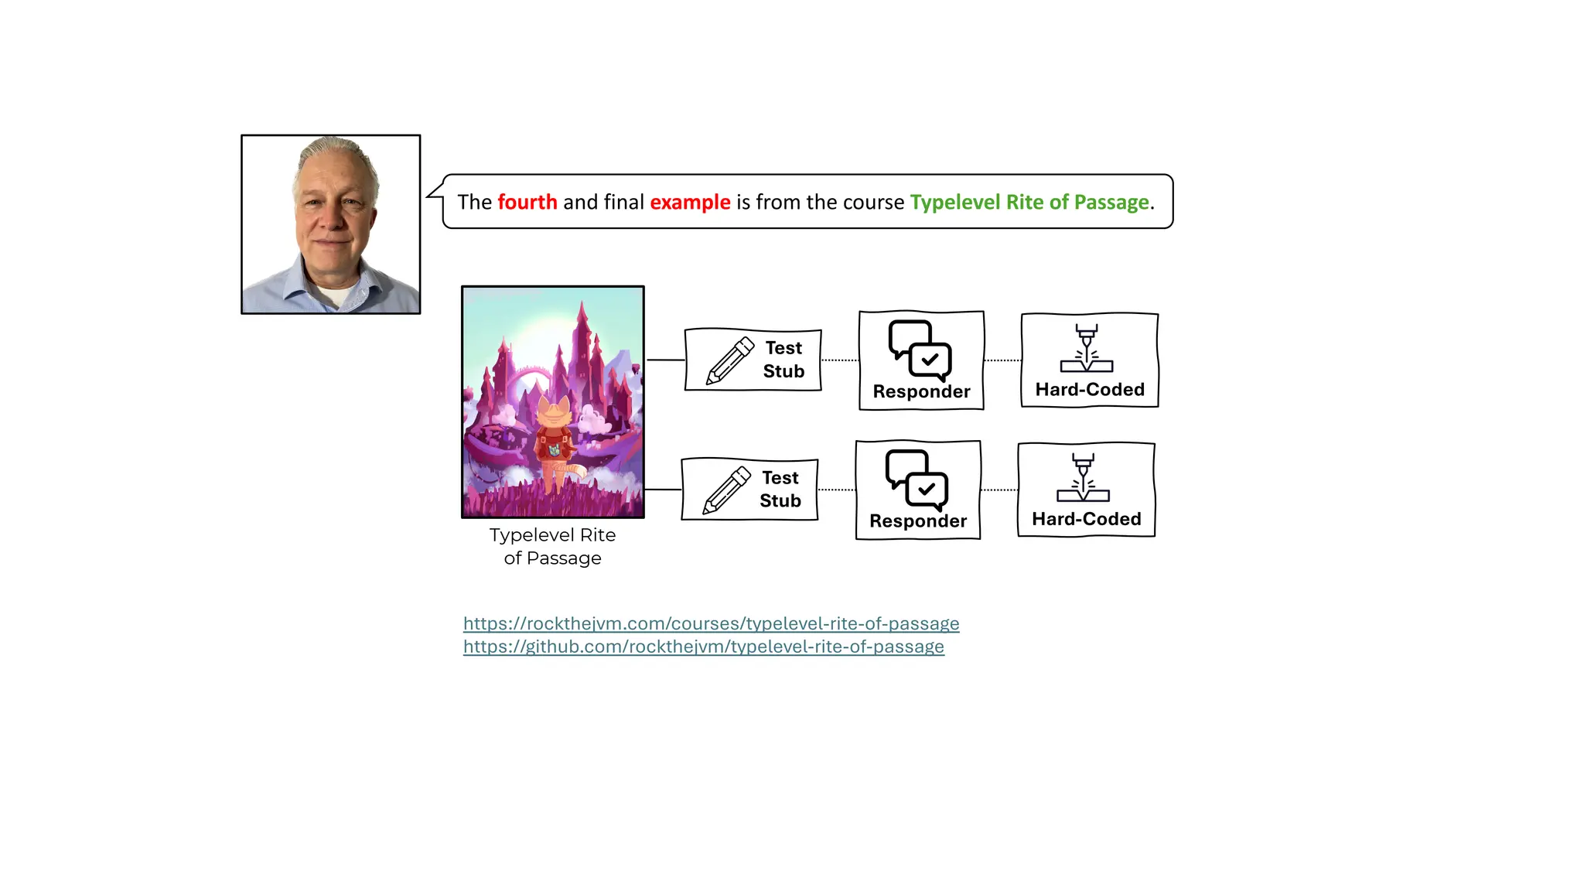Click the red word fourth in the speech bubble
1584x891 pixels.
click(527, 202)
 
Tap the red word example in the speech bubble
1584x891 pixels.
click(690, 202)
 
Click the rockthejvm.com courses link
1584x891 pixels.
click(711, 623)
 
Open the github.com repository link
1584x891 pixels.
click(703, 647)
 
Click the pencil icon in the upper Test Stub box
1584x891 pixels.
click(729, 360)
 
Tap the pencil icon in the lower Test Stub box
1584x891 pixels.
click(726, 490)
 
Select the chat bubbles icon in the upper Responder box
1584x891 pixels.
click(920, 350)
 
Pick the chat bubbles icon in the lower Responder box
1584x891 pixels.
click(917, 480)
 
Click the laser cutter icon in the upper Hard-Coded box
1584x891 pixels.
click(1087, 349)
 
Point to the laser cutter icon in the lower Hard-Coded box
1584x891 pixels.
click(1083, 478)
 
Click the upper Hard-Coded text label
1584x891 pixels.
click(1090, 390)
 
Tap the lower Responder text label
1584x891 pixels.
click(918, 521)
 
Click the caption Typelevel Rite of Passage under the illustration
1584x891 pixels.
click(552, 546)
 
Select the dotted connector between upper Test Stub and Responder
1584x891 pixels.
click(840, 360)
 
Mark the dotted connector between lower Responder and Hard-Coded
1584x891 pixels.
click(999, 490)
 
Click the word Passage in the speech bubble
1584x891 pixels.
click(1111, 202)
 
